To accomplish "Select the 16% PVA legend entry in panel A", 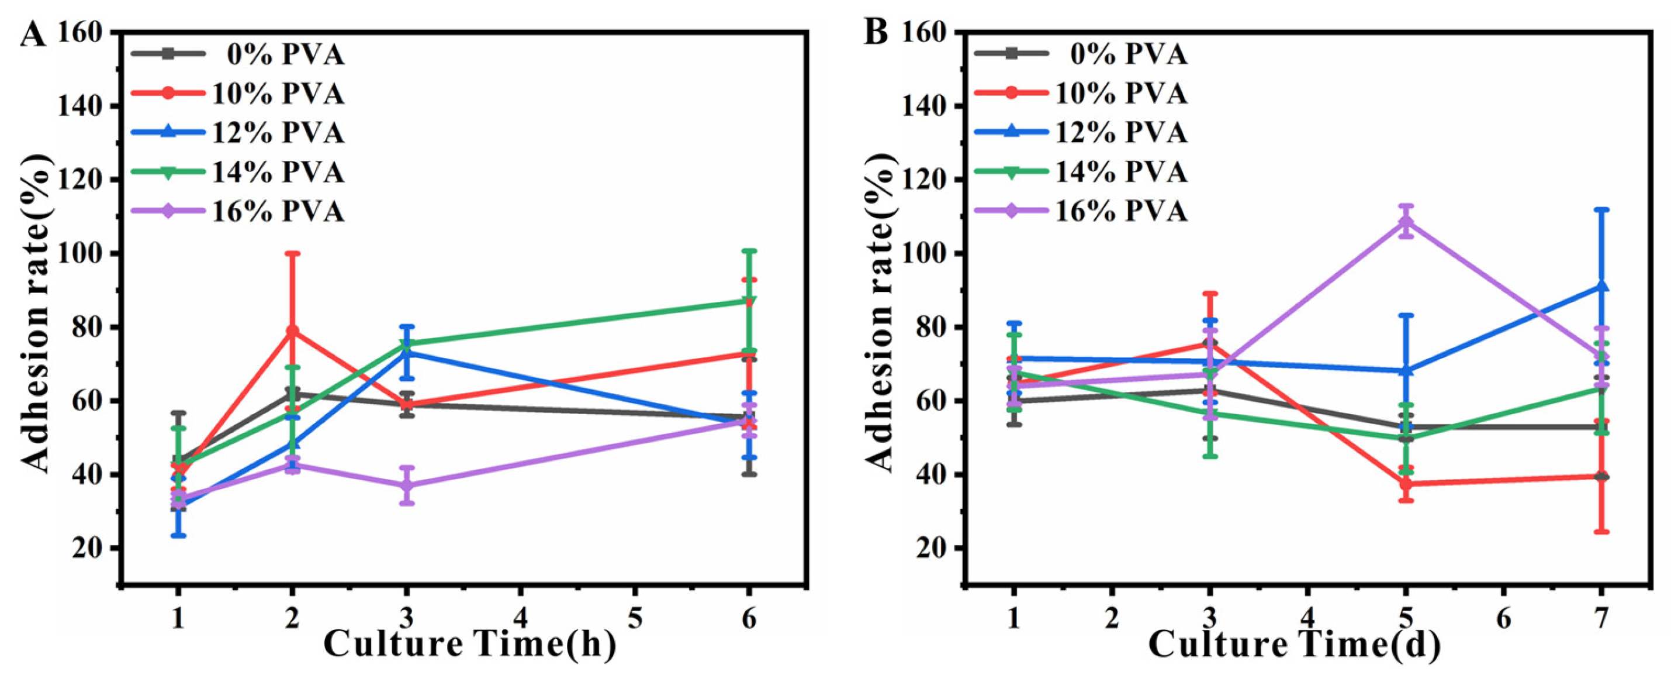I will [x=278, y=212].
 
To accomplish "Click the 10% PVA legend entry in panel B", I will [x=1122, y=94].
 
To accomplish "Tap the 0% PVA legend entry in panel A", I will [x=285, y=54].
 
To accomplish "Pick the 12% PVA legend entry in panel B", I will [x=1122, y=133].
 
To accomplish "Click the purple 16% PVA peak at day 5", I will [x=1405, y=221].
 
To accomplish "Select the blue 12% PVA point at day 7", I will [x=1601, y=286].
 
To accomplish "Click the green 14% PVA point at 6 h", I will [x=749, y=301].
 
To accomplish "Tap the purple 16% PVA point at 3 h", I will [x=407, y=485].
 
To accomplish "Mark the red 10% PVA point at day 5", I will [x=1405, y=484].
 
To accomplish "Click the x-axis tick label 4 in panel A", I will [x=520, y=619].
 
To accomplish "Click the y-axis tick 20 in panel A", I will [x=88, y=548].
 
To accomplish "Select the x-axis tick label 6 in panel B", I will [x=1503, y=619].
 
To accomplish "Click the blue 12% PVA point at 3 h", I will [x=407, y=352].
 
